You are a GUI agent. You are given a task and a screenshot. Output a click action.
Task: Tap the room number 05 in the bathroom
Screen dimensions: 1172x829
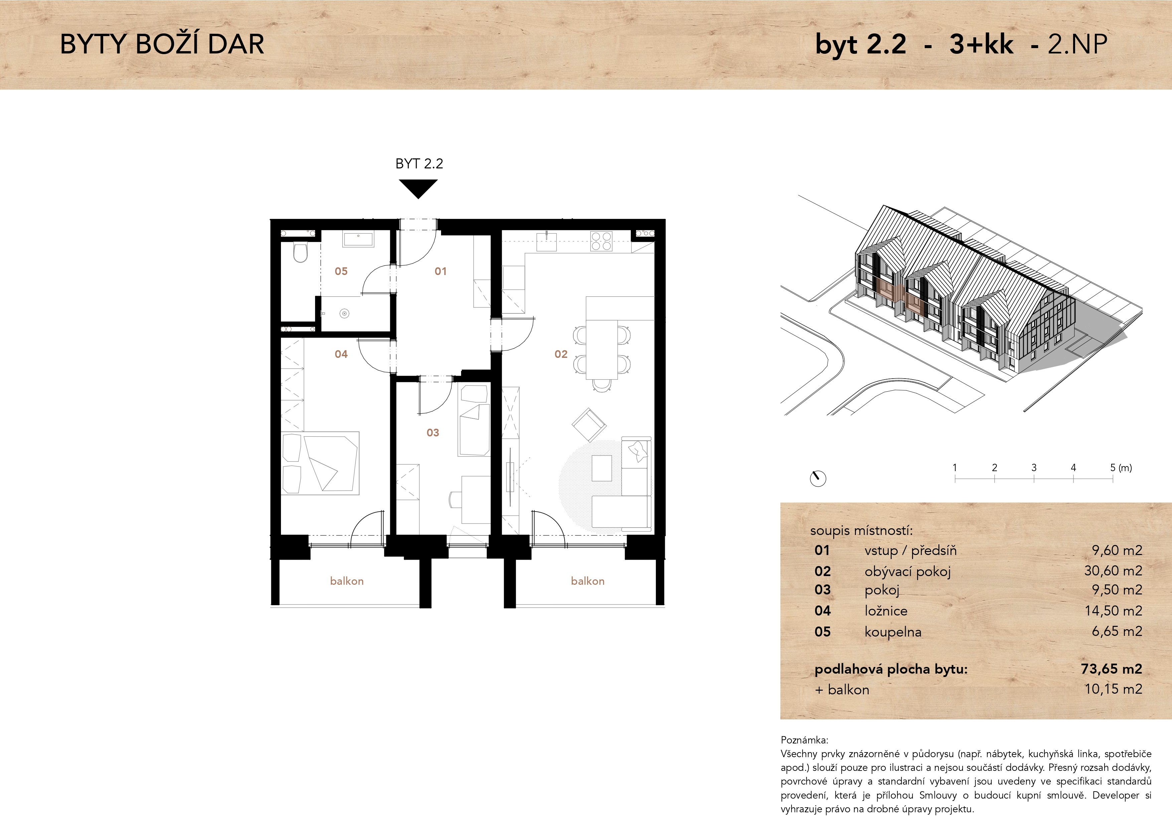(x=341, y=271)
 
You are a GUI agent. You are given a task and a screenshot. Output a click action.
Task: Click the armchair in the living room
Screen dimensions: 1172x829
(x=589, y=425)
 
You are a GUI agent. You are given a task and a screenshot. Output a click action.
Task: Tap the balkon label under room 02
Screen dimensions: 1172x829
(x=588, y=581)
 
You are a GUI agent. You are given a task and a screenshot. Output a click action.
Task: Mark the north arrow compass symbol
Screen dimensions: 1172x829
(x=818, y=478)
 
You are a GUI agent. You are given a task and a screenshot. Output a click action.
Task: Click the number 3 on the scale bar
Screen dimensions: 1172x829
(x=1034, y=467)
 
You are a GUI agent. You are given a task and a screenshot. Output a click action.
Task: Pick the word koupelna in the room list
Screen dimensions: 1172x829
(x=893, y=632)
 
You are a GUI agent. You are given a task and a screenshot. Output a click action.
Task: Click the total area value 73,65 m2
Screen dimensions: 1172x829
(x=1111, y=669)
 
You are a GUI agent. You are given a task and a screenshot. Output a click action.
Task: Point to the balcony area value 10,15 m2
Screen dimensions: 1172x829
(x=1113, y=689)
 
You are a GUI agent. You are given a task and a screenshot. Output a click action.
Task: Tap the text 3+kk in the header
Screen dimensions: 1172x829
(x=981, y=44)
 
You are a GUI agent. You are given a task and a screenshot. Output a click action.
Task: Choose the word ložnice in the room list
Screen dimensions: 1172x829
(x=886, y=610)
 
